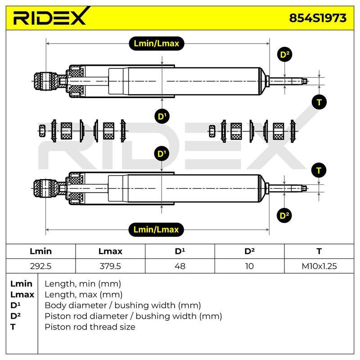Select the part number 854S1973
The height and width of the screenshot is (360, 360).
(x=318, y=18)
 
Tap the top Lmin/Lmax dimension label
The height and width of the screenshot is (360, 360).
(x=156, y=43)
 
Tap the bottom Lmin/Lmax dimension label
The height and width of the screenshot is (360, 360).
(x=156, y=229)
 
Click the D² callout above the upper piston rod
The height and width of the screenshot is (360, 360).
(x=285, y=54)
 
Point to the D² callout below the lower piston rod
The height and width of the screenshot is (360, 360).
(x=284, y=216)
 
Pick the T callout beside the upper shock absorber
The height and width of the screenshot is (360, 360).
(x=319, y=102)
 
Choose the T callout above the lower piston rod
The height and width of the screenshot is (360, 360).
(x=319, y=171)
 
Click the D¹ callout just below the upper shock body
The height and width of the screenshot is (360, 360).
(x=162, y=117)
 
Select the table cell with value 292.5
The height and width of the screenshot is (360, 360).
(x=40, y=266)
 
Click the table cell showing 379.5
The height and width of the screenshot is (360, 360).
(x=110, y=266)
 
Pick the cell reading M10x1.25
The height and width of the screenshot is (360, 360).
(x=319, y=266)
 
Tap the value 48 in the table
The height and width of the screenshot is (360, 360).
(x=180, y=266)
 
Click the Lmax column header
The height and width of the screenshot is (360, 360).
(x=110, y=251)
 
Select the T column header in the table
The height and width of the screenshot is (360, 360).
(x=319, y=251)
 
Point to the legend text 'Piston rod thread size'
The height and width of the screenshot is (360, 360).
(x=90, y=327)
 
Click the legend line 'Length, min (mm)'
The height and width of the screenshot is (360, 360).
(x=83, y=284)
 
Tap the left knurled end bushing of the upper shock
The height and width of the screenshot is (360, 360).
(x=46, y=81)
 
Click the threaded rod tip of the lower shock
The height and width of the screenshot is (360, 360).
(x=304, y=189)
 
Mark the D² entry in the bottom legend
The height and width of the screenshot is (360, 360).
(x=15, y=316)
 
